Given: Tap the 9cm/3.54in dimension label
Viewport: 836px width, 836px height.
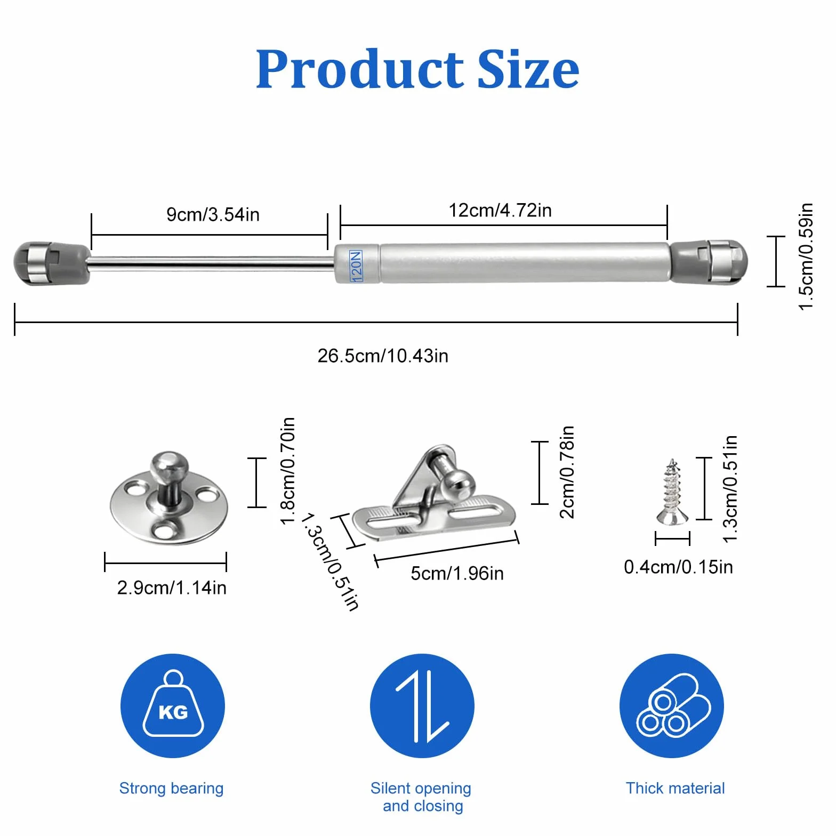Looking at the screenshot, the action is [213, 214].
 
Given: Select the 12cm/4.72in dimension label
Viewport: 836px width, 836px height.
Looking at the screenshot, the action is [500, 210].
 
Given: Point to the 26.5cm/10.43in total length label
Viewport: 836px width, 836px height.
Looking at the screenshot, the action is [383, 356].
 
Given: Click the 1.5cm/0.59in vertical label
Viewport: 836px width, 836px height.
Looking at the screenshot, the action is [806, 256].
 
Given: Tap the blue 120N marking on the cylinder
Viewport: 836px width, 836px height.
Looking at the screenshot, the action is [356, 266].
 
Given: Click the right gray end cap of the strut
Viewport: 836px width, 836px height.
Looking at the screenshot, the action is [709, 262].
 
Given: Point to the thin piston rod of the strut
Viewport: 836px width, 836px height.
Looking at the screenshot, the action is [211, 263].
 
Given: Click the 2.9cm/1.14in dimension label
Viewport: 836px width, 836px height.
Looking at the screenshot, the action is [172, 588].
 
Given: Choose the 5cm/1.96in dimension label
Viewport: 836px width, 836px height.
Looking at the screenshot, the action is [457, 573].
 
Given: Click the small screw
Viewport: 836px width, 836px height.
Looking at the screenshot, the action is [672, 492].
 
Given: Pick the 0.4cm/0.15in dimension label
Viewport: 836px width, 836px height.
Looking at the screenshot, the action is [678, 567].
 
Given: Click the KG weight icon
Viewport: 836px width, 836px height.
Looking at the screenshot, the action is [173, 706].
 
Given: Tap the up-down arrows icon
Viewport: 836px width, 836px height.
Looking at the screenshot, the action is [422, 706].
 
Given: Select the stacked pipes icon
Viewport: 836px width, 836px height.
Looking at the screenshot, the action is [672, 706].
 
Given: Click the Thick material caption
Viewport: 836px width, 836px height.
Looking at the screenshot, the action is [675, 788].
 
